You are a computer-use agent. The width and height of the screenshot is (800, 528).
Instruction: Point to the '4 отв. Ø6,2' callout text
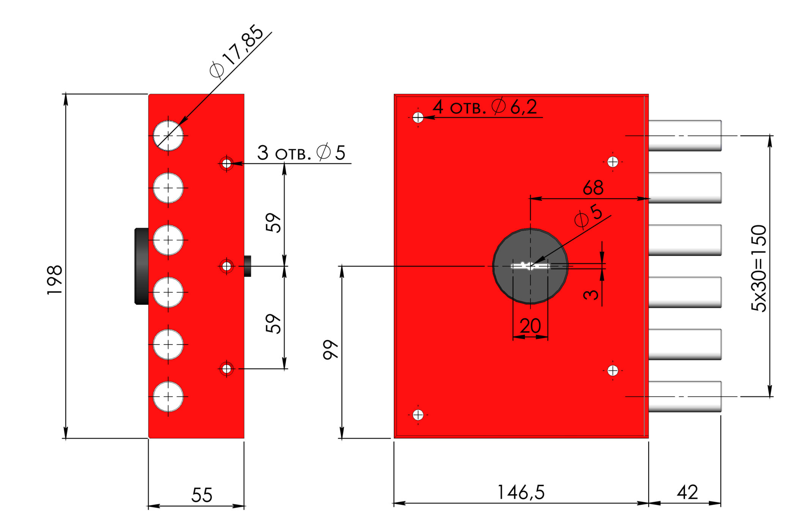(485, 107)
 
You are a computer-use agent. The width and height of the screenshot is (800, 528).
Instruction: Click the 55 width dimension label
(202, 495)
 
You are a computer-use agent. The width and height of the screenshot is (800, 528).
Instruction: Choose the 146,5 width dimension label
(521, 492)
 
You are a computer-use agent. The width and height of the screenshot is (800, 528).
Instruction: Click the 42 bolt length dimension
(687, 492)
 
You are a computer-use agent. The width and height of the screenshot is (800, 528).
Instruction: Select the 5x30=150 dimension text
(759, 268)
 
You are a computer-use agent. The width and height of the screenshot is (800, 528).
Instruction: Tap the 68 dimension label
(593, 188)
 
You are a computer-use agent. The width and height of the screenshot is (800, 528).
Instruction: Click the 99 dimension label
(331, 349)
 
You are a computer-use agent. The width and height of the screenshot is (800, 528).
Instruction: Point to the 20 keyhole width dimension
(530, 326)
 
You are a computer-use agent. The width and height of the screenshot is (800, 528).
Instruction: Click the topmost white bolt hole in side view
(168, 136)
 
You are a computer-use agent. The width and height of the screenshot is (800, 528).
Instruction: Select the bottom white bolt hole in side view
(168, 397)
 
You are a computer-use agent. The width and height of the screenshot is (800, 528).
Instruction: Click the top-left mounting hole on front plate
(418, 118)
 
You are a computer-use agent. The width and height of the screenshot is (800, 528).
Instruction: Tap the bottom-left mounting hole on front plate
(418, 415)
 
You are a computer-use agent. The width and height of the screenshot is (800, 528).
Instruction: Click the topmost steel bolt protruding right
(685, 136)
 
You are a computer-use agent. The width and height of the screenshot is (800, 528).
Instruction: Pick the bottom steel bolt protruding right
(685, 397)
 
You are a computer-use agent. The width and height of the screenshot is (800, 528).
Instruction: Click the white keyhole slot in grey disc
(530, 266)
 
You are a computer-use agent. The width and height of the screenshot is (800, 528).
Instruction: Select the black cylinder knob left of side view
(142, 266)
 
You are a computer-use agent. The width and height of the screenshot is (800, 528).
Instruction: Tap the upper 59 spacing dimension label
(273, 222)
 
